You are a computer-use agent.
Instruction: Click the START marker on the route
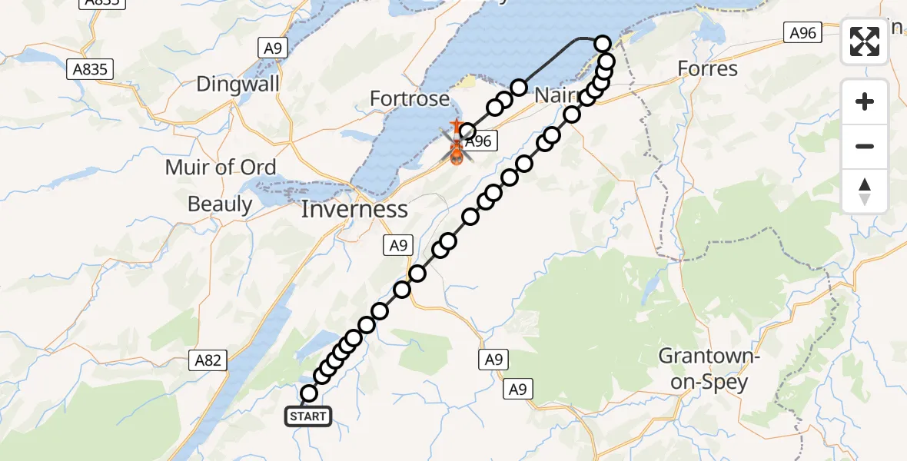308,417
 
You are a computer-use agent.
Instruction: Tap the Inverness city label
354,209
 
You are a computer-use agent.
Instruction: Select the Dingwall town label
238,84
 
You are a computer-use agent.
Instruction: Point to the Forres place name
707,69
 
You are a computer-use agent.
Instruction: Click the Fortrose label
409,98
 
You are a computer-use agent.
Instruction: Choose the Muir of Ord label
221,167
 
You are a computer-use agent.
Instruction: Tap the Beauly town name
221,204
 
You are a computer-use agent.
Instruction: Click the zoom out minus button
865,146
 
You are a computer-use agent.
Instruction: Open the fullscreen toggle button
865,41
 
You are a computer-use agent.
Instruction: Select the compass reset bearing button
865,191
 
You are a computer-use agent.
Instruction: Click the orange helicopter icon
456,152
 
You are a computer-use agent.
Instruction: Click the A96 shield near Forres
803,32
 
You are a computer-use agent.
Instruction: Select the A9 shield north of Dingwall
274,48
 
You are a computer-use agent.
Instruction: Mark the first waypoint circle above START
308,393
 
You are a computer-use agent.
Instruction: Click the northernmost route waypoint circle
603,45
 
